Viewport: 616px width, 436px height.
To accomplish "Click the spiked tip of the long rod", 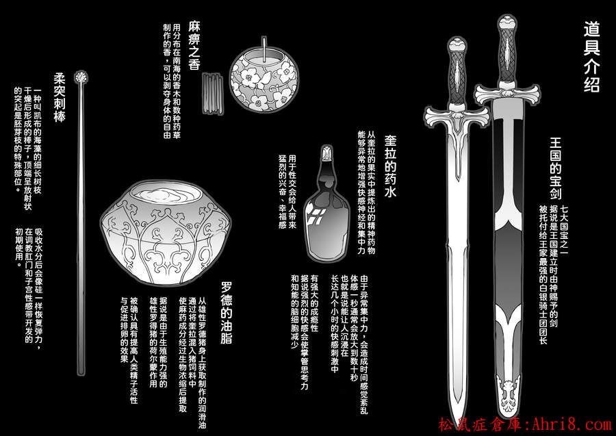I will pos(81,77).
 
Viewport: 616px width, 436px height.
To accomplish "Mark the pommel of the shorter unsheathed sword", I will pos(457,47).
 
